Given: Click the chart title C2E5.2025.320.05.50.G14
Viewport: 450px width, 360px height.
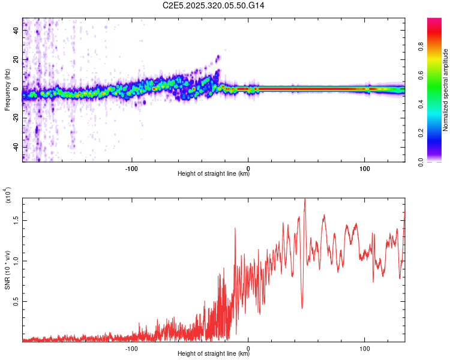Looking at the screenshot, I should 214,5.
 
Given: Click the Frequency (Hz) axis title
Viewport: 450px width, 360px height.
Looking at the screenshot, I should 7,89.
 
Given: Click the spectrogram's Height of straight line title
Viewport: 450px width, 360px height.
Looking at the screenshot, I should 214,174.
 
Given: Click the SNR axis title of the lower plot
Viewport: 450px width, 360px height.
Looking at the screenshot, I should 7,269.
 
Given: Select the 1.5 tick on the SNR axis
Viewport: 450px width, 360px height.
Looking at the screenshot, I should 17,220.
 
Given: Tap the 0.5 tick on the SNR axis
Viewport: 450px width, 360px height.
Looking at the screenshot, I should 17,301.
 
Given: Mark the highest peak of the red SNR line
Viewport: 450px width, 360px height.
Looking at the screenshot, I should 305,199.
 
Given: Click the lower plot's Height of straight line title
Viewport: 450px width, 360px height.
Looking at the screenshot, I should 214,353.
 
